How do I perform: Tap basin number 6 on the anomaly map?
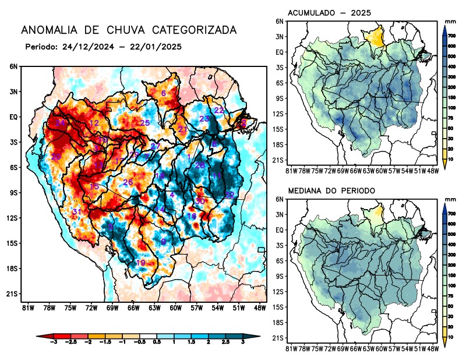click(164, 93)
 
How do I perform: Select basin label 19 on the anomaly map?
click(140, 263)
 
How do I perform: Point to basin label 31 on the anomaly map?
click(75, 211)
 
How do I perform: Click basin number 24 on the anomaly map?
click(61, 123)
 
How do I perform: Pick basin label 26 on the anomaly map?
click(128, 182)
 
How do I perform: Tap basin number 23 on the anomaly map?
click(204, 119)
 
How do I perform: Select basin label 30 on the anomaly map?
click(200, 201)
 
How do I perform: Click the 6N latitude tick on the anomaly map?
click(13, 66)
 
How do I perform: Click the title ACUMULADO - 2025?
click(330, 13)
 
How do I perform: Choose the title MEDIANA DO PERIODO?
click(331, 190)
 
